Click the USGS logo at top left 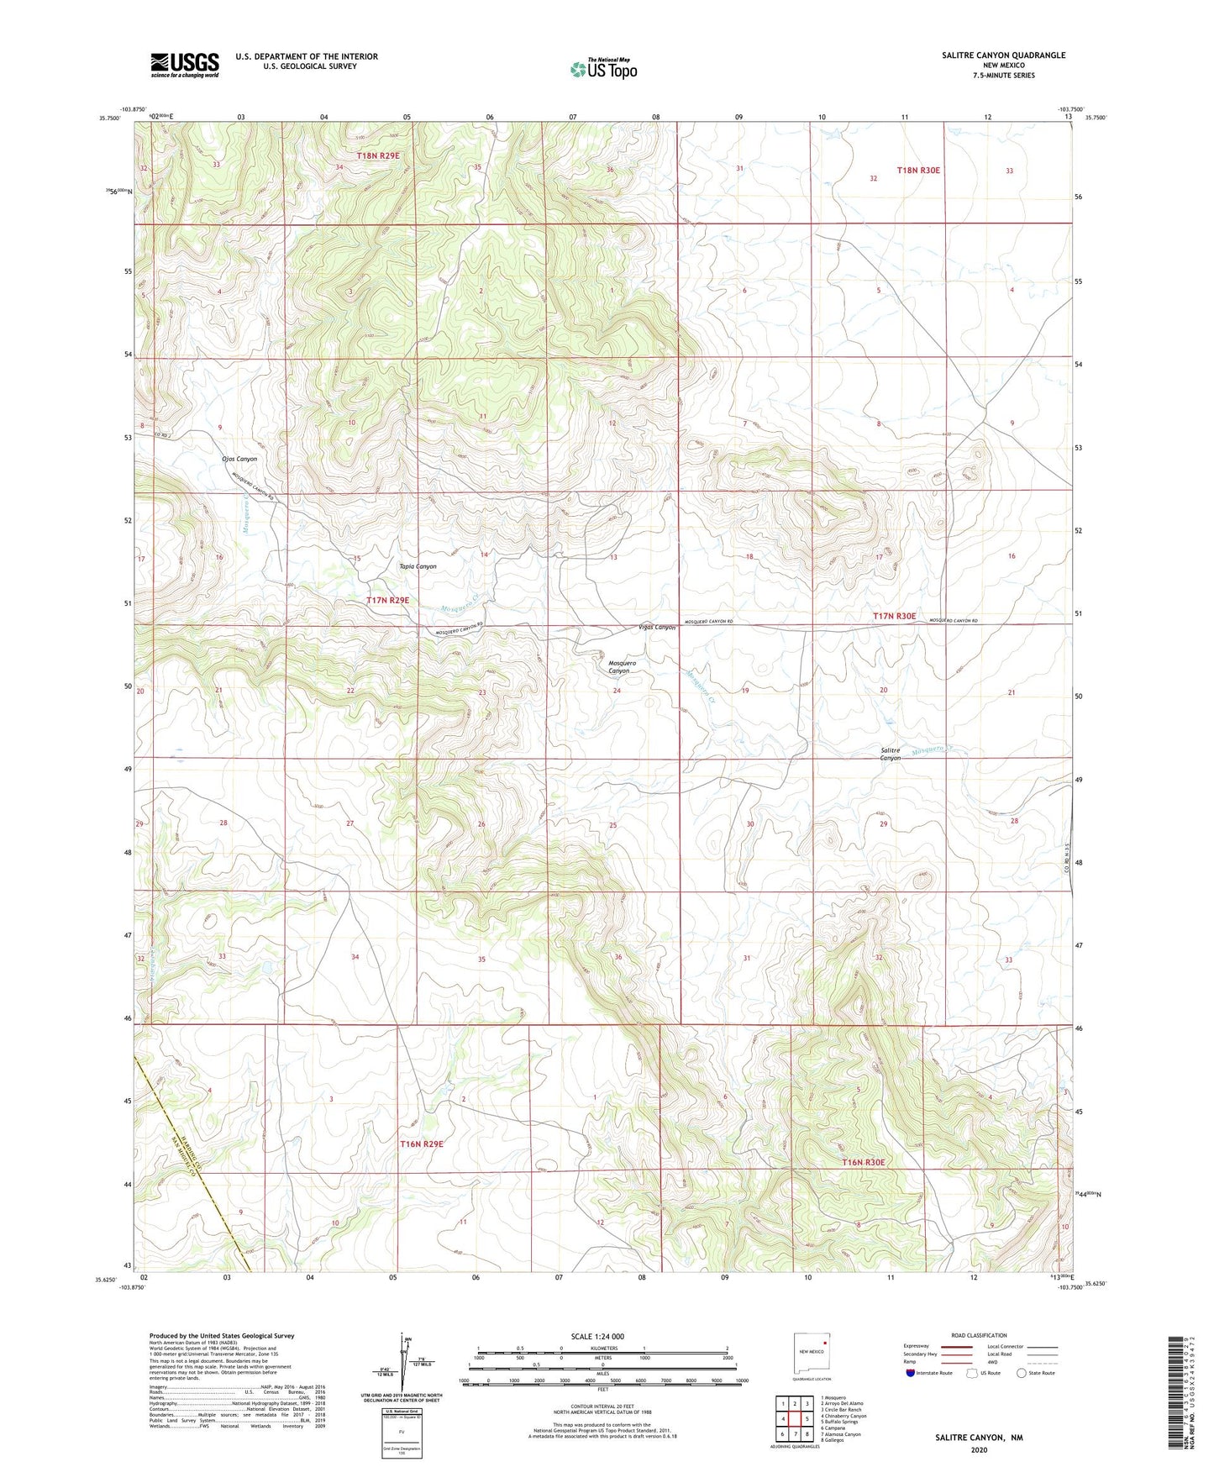pos(185,65)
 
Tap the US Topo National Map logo pos(603,69)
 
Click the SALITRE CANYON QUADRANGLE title pos(991,55)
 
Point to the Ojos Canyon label pos(239,460)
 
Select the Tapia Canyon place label pos(418,566)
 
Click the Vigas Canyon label pos(657,628)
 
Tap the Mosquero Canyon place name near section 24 pos(623,667)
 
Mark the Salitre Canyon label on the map pos(890,754)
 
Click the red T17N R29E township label pos(388,601)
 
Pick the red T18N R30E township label pos(918,171)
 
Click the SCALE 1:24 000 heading pos(597,1336)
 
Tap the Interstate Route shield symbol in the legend pos(911,1373)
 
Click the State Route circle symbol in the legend pos(1022,1373)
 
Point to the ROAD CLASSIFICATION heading pos(979,1335)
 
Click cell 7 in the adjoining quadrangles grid pos(782,1434)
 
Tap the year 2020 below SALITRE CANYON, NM pos(979,1449)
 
